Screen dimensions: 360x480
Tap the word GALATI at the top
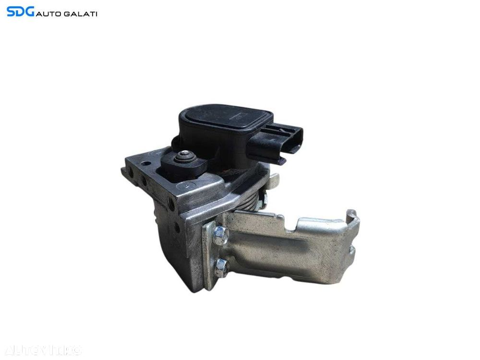coord(81,14)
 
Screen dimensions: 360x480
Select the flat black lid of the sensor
coord(226,120)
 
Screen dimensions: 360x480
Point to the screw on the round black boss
coord(184,156)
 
